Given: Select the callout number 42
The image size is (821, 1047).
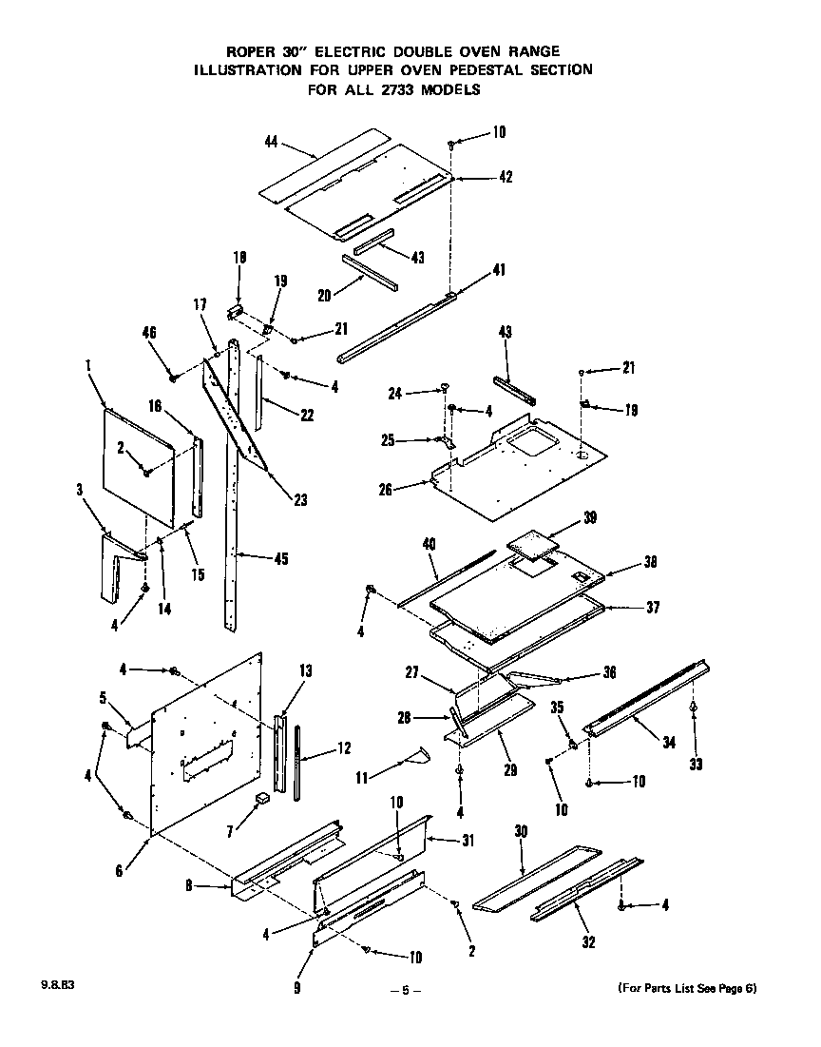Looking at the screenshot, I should pos(506,177).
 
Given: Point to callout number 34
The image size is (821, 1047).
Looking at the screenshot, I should pos(669,743).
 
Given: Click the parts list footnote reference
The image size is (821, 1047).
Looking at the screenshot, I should pos(687,987).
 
